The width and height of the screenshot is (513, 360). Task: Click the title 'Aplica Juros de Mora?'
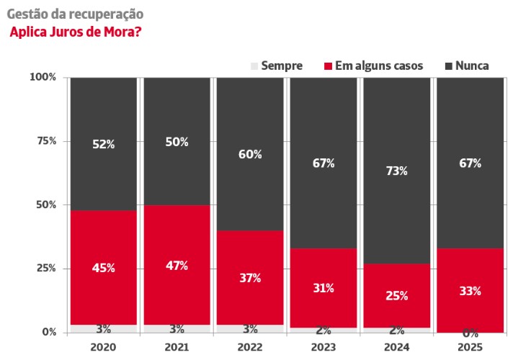[75, 32]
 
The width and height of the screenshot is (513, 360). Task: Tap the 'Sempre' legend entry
[277, 66]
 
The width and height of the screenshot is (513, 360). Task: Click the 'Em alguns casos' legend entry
[373, 66]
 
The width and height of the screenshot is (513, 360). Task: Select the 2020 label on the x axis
[103, 346]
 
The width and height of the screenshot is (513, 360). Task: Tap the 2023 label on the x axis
[324, 346]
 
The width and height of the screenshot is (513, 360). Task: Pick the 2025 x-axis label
[470, 346]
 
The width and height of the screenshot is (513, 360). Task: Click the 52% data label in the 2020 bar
[103, 144]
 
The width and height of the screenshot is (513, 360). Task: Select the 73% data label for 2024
[397, 171]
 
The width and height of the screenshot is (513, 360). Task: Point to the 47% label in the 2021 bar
[177, 266]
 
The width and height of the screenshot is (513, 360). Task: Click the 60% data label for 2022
[250, 154]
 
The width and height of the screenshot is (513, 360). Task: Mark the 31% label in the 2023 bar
[324, 288]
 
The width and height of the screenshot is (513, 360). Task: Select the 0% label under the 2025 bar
[470, 333]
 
